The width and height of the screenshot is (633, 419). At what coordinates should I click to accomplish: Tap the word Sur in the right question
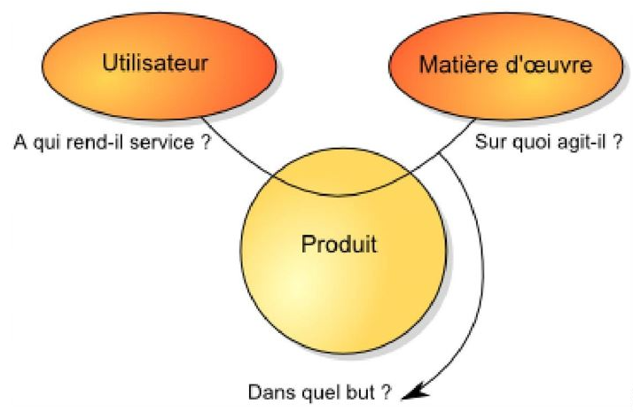[487, 141]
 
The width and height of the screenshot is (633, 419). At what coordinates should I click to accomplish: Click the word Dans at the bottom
[271, 391]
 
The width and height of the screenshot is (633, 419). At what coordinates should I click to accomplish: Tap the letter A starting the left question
[20, 141]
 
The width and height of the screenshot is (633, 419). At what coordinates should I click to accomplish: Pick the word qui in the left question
[48, 142]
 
